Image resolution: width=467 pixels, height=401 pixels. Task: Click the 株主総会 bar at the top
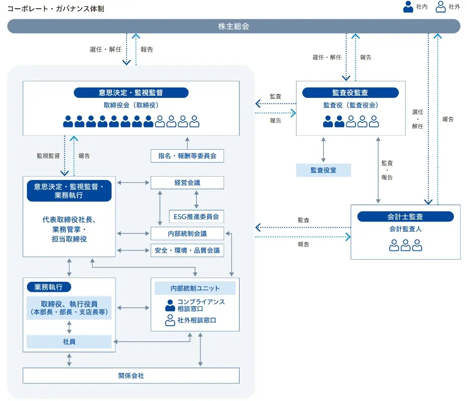234,26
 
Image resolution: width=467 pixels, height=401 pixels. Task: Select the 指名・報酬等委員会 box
187,155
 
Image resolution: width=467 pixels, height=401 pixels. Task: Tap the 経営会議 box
187,183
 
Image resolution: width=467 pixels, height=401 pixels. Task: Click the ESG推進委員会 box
197,217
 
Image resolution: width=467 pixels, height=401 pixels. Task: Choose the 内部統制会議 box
187,234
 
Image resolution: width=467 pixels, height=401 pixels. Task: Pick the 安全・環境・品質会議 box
187,250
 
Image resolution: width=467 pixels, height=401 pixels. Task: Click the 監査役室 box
323,170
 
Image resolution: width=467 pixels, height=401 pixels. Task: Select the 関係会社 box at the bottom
131,375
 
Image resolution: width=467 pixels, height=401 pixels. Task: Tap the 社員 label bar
69,342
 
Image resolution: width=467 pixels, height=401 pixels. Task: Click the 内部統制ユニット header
195,288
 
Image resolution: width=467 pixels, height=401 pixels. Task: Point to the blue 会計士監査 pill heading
405,217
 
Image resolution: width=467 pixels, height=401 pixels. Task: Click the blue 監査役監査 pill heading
350,93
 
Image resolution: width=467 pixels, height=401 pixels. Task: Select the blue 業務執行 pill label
49,287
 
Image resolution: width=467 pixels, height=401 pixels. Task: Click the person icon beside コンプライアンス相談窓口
170,305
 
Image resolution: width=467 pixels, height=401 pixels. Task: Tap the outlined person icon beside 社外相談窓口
170,320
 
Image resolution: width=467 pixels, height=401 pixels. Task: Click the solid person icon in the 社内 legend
408,7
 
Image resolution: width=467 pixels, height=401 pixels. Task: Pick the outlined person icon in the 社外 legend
440,7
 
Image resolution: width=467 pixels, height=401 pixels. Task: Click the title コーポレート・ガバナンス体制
56,9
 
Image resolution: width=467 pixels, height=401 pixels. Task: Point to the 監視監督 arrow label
48,156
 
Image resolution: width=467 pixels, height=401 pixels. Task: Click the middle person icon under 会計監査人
406,245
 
